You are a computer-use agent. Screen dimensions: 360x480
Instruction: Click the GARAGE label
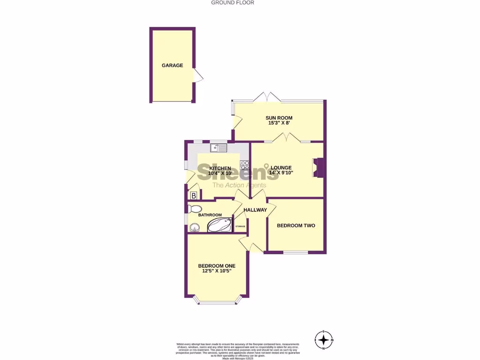172,66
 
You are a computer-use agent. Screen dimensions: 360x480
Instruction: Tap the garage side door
198,75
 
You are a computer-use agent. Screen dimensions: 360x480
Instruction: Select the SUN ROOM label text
279,118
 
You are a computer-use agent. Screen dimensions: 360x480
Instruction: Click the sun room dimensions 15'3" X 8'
279,123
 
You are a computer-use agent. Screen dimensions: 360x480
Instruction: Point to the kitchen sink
218,148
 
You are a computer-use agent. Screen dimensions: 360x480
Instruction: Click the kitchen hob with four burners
244,165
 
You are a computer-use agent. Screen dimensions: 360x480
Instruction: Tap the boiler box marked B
193,196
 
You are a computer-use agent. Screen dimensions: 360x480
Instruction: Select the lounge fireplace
319,167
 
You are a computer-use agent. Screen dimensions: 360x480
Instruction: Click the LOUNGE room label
281,167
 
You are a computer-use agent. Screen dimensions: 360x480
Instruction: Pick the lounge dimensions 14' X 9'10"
281,173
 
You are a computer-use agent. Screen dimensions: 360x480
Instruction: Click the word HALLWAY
255,210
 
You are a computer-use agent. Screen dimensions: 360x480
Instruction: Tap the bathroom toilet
193,209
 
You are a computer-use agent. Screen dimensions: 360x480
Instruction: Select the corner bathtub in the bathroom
220,225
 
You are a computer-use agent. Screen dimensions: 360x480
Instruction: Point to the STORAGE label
240,226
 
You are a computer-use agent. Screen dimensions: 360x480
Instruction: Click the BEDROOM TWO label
296,225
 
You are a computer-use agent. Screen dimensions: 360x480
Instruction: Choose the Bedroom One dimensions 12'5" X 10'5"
216,271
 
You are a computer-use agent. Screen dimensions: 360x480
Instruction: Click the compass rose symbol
323,340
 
